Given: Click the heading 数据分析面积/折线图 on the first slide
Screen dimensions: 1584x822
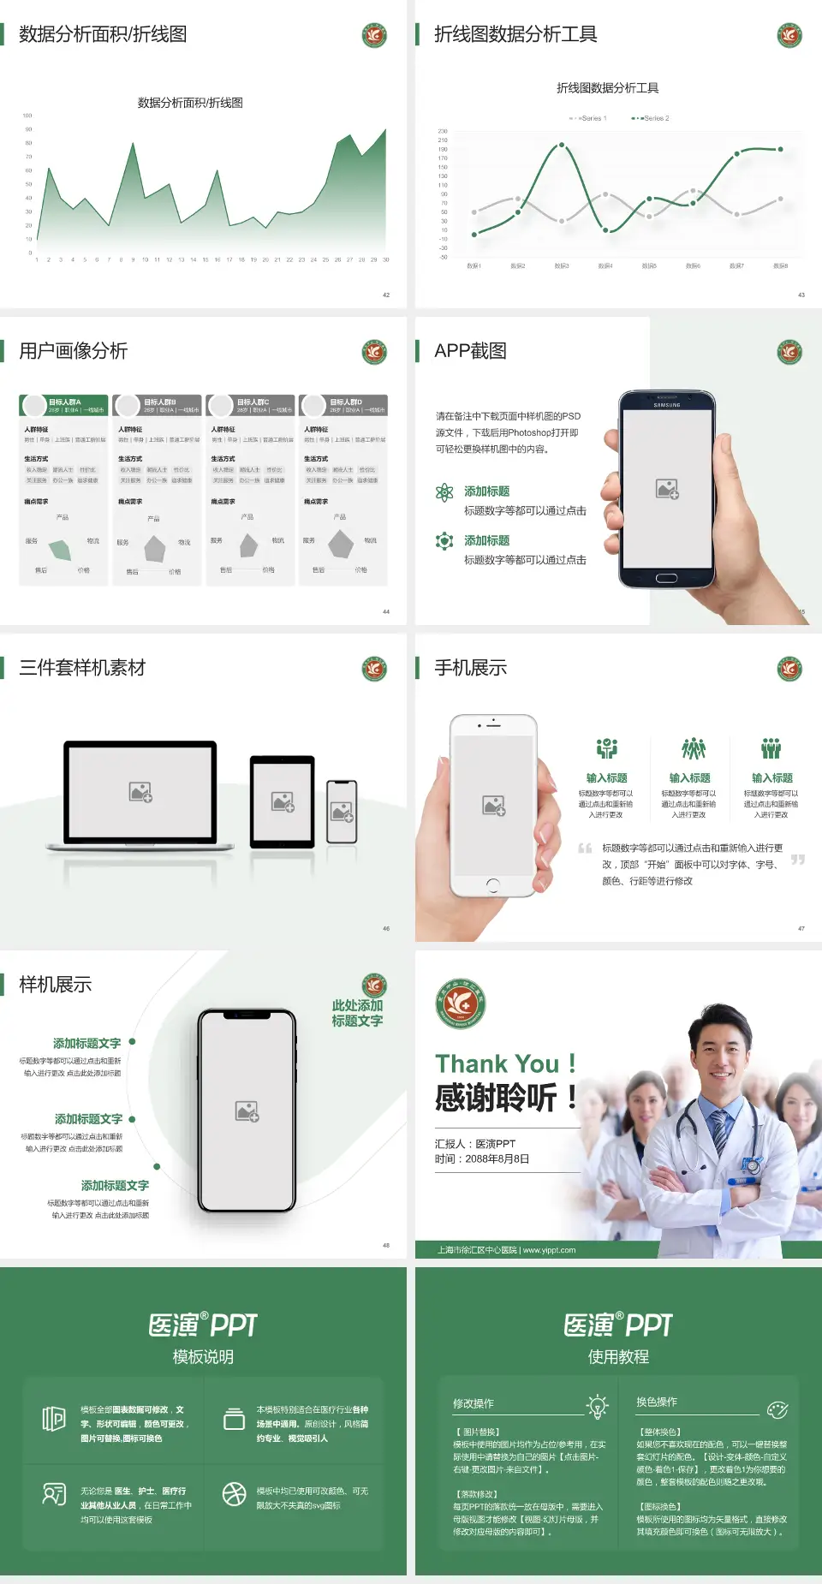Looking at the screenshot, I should [x=103, y=34].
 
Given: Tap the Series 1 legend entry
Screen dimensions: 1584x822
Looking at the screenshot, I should [x=588, y=118].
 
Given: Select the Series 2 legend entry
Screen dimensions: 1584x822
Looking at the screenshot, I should [x=652, y=118].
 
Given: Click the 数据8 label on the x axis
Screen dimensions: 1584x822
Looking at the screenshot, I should [x=780, y=266].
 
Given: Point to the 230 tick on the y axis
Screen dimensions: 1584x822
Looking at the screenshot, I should [x=443, y=131].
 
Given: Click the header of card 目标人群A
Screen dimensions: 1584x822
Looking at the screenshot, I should [x=64, y=405].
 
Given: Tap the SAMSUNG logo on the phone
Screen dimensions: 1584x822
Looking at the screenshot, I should [x=667, y=405].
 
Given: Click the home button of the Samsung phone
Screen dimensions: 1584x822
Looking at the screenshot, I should [x=667, y=578].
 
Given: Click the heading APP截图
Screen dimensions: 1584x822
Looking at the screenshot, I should [x=470, y=351].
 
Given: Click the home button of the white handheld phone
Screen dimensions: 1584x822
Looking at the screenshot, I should [x=492, y=884].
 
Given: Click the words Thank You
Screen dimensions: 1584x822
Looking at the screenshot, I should [x=497, y=1063].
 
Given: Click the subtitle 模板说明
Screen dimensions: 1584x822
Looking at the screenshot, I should [x=203, y=1357].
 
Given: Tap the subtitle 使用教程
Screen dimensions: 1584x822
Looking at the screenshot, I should [x=618, y=1357].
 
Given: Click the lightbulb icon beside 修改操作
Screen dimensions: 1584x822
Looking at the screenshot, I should [x=597, y=1406].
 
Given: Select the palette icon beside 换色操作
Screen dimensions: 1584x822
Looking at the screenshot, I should [x=777, y=1409].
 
